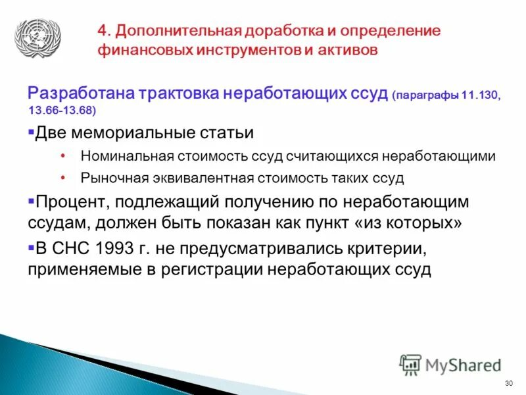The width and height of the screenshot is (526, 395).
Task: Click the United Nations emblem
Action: [x=37, y=38]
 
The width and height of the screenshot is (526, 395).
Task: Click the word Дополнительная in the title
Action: [x=176, y=31]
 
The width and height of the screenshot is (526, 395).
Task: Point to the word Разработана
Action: [x=80, y=93]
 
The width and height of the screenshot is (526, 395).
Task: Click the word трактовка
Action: [x=178, y=93]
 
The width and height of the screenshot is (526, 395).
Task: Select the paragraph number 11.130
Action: [x=481, y=95]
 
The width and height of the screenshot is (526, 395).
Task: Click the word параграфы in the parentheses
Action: [x=427, y=95]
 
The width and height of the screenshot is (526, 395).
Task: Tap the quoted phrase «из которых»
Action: [x=408, y=222]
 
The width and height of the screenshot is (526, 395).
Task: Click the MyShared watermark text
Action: [x=464, y=364]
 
